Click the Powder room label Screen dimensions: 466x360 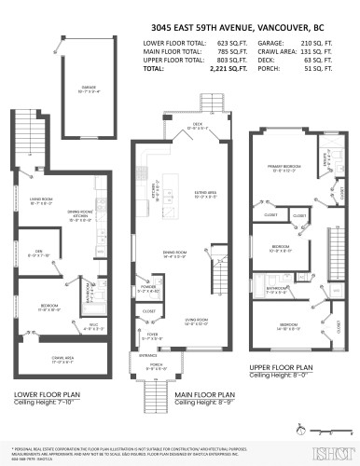tap(149, 289)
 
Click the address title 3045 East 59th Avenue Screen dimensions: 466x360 tap(179, 27)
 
